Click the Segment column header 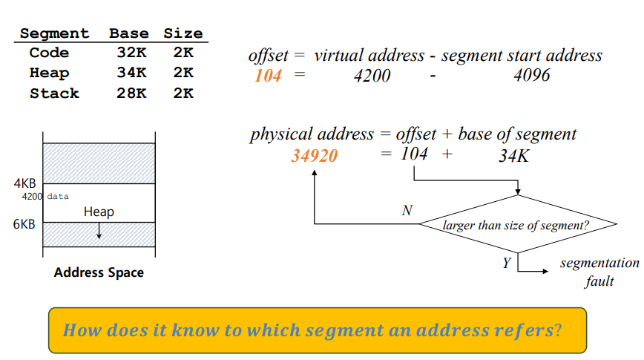[54, 33]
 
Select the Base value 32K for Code [131, 53]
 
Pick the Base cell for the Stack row [131, 94]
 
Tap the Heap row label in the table [49, 73]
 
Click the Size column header [183, 33]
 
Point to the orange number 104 [268, 76]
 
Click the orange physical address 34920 [315, 156]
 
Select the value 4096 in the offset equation [531, 76]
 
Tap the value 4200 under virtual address [372, 76]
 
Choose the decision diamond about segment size [518, 224]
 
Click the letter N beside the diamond [407, 211]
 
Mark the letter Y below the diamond [506, 263]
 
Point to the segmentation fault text [599, 272]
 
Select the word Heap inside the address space [99, 212]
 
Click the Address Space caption [99, 272]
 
